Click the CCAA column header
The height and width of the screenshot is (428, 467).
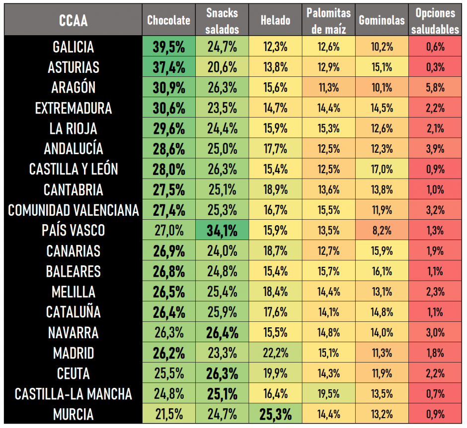coord(73,20)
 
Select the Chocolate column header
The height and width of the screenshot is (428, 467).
coord(169,20)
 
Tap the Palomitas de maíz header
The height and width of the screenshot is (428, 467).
coord(328,20)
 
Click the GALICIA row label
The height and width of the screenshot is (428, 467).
coord(73,47)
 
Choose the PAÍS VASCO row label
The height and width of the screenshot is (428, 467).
coord(73,231)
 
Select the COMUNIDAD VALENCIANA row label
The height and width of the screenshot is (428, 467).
coord(73,210)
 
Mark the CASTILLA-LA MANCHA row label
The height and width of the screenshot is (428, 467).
coord(73,394)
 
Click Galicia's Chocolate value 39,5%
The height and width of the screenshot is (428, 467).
coord(169,47)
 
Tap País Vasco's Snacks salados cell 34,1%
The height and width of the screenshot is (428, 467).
coord(222,231)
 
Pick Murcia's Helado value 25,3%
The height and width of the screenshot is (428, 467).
coord(276,414)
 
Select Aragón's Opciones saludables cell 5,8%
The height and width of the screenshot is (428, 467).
coord(435,88)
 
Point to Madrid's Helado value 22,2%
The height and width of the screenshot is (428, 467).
coord(276,353)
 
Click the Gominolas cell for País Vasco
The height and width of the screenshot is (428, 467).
coord(382,231)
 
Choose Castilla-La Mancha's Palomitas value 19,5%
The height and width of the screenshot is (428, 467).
coord(328,394)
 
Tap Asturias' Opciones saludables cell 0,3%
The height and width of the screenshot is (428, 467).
coord(435,67)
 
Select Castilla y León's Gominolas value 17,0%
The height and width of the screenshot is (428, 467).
coord(382,170)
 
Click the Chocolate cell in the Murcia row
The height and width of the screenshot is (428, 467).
coord(169,414)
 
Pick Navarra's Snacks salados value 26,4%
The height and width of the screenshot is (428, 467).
coord(222,333)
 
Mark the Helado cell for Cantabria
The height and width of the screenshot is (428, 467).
coord(276,190)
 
